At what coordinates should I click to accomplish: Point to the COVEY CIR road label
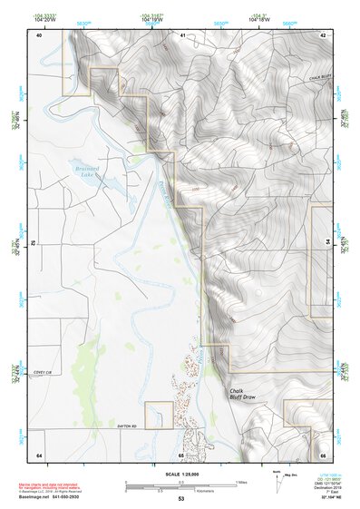[44, 372]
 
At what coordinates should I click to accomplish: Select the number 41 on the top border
[181, 34]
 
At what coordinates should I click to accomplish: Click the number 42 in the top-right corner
[323, 34]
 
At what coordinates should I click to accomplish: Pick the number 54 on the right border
[326, 243]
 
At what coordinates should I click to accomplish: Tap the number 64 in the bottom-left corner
[39, 455]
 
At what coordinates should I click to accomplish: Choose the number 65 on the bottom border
[181, 455]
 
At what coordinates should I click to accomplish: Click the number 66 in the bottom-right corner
[323, 455]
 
